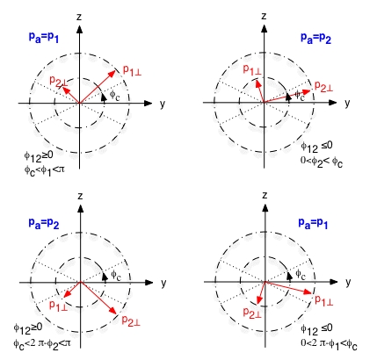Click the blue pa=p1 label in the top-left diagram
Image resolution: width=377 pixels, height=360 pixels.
point(44,37)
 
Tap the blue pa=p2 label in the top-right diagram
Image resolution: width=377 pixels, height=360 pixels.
point(315,39)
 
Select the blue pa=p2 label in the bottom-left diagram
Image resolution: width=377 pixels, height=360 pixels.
point(44,223)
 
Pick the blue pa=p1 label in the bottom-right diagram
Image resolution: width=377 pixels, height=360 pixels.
point(313,223)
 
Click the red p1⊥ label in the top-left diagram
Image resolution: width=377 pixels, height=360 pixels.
point(132,70)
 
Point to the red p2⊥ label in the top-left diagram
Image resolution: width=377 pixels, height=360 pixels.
point(59,81)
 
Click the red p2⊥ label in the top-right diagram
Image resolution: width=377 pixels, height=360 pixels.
point(323,86)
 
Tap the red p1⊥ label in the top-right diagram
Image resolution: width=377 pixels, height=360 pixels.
point(252,70)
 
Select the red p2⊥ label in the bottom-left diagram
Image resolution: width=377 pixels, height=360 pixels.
point(131,320)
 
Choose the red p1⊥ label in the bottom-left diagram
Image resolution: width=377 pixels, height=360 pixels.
point(58,305)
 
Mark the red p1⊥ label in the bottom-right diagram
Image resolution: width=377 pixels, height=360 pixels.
point(324,300)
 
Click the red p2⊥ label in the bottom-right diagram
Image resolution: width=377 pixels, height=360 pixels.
point(252,313)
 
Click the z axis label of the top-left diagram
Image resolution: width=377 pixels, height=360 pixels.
point(79,17)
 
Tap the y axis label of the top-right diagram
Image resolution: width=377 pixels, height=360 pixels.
point(347,104)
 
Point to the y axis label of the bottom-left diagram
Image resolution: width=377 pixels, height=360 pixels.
point(163,283)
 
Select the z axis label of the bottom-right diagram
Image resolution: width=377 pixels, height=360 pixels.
point(265,195)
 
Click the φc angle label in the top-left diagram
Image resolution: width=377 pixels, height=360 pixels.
point(115,95)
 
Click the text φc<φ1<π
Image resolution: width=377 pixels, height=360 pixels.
point(44,170)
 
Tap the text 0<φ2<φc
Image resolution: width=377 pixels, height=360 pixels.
point(322,162)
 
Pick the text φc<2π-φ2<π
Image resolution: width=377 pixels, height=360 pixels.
point(42,342)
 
